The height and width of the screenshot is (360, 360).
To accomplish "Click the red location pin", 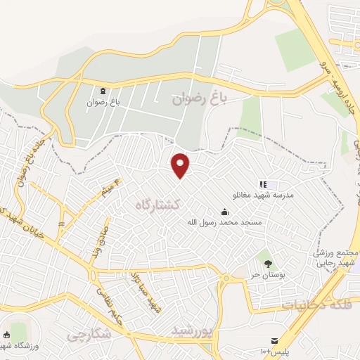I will pos(181,165).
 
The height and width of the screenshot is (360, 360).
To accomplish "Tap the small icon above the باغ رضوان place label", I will pos(104,91).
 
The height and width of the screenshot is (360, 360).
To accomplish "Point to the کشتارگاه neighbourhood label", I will pos(158,205).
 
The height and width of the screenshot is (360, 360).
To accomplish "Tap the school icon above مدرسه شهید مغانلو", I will pos(263,184).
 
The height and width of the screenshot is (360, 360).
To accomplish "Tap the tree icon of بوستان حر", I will pos(266,258).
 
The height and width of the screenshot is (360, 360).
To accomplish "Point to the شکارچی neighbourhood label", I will pos(90,335).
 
